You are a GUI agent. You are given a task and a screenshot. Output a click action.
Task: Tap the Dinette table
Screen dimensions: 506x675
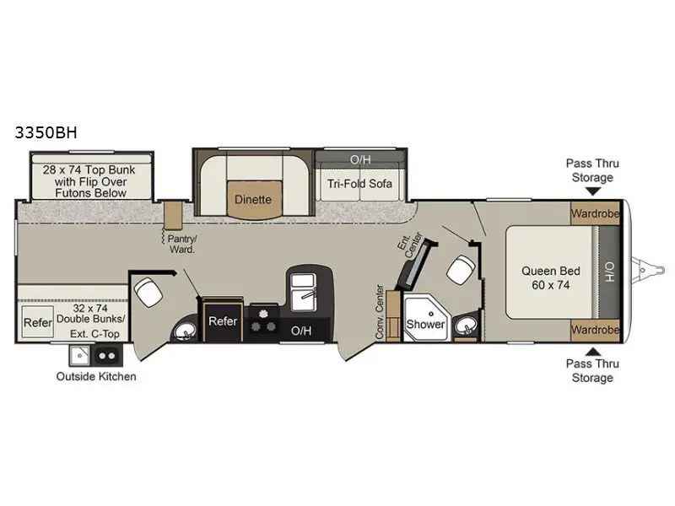pos(253,200)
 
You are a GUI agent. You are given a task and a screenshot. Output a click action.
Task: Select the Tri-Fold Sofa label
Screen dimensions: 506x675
pos(360,184)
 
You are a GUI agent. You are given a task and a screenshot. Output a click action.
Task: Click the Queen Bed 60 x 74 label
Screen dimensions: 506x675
pos(551,277)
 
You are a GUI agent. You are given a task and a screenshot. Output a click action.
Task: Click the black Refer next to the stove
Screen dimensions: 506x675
pos(223,321)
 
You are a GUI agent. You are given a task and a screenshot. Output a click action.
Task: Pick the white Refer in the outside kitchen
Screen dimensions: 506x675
pos(38,323)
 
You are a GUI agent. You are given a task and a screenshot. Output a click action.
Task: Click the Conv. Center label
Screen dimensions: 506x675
pos(381,311)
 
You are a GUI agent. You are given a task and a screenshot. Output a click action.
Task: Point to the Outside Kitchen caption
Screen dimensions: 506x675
pos(96,376)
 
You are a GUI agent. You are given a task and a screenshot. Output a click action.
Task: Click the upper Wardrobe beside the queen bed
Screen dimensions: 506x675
pos(595,213)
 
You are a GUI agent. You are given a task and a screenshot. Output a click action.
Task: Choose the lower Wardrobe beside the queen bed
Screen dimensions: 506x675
pos(595,329)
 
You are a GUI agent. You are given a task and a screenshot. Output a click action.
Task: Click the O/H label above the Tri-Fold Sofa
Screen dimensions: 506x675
pos(360,159)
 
